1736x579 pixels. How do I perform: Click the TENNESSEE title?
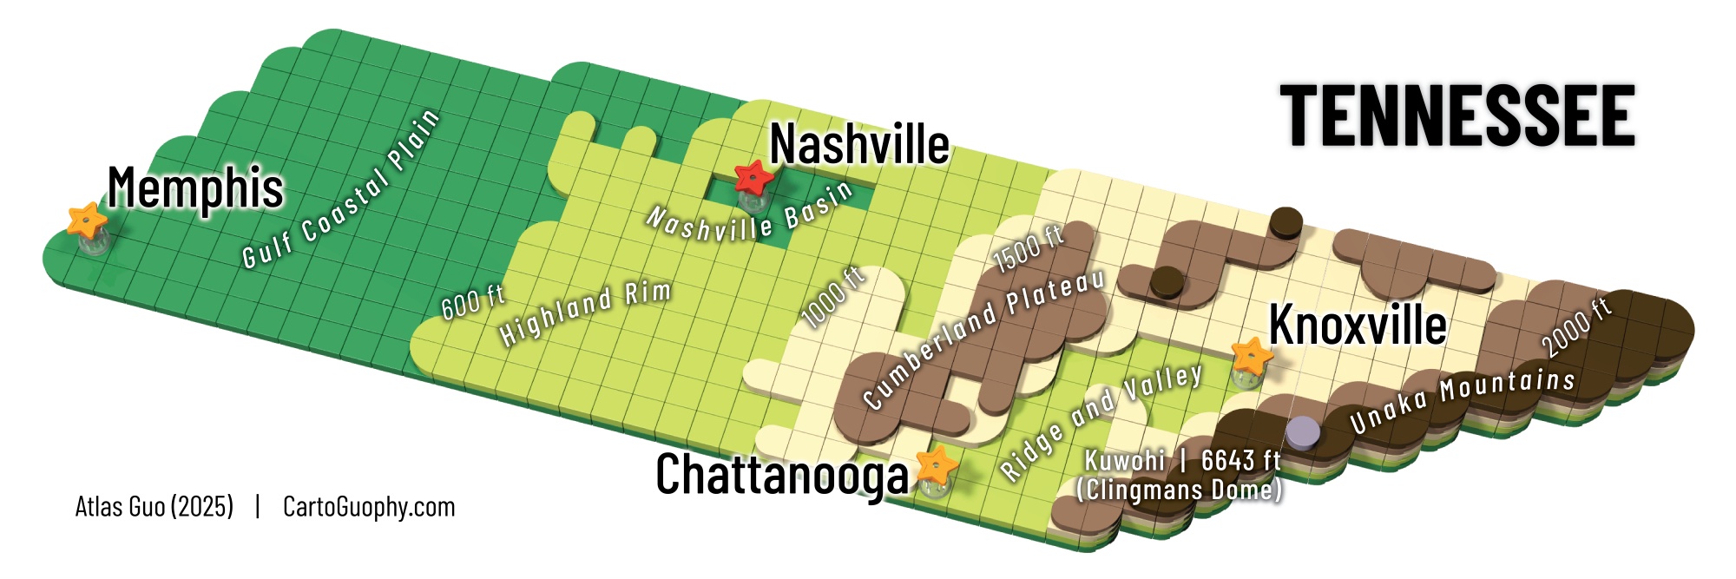1457,115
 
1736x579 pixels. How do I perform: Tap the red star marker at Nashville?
753,179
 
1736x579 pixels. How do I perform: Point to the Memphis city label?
195,188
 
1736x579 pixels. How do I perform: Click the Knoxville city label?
1358,326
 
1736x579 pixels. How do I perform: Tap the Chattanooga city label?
781,475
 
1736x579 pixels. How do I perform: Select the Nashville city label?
859,144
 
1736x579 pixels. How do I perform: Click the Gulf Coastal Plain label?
341,189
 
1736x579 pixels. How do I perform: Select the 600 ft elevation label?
473,301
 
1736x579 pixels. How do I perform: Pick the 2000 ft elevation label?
1575,326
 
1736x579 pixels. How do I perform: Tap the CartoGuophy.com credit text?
369,507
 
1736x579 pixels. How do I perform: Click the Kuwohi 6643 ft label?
1180,475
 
